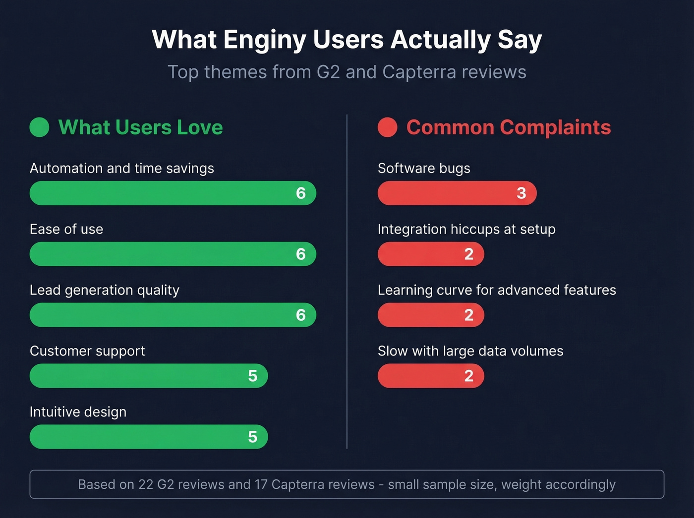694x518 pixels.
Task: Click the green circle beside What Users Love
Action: tap(39, 127)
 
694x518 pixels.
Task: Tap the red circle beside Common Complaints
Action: tap(388, 127)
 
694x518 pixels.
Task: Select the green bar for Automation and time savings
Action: tap(164, 193)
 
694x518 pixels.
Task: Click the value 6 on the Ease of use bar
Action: tap(300, 254)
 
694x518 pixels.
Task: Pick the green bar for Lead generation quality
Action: tap(164, 315)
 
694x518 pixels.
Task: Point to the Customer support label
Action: tap(87, 351)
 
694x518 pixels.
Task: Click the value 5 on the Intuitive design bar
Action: tap(252, 437)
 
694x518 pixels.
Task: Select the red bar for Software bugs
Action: tap(446, 193)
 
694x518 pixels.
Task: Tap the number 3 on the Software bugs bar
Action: tap(521, 193)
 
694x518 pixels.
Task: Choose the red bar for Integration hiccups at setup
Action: tap(421, 254)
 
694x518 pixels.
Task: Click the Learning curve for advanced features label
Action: tap(497, 290)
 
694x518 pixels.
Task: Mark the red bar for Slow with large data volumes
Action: tap(421, 376)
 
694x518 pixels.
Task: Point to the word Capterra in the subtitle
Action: tap(419, 72)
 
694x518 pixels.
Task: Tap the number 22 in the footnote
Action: tap(146, 484)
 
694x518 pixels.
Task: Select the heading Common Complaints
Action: tap(509, 127)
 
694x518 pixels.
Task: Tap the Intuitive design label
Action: tap(78, 412)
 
